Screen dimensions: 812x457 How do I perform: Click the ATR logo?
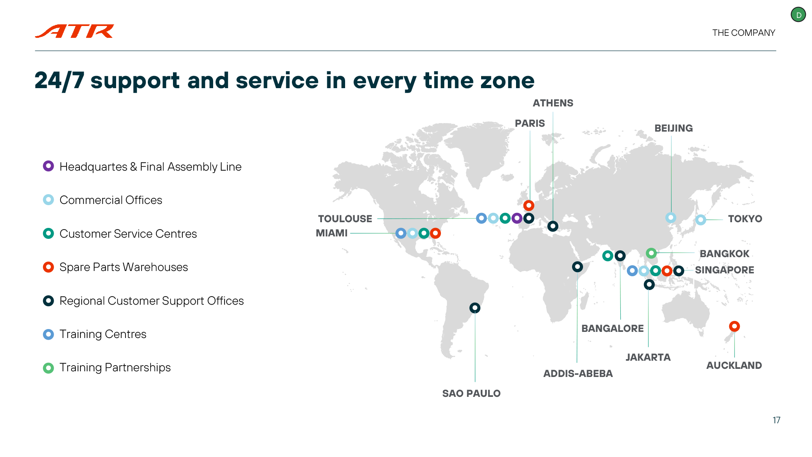click(x=75, y=31)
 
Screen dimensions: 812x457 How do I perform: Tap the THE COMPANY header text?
click(x=743, y=33)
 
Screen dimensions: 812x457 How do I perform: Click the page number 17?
click(x=776, y=420)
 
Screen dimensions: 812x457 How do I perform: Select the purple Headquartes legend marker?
click(x=48, y=166)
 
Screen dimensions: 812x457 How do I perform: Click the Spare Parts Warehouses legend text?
click(x=123, y=267)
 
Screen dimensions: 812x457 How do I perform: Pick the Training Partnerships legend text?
click(x=115, y=367)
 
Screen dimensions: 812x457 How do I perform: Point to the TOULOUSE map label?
click(x=345, y=219)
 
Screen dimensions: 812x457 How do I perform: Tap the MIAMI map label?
click(x=332, y=233)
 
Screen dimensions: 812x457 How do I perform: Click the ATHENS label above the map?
click(x=553, y=103)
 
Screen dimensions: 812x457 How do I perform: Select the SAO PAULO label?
click(x=471, y=393)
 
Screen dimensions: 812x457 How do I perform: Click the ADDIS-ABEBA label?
click(x=578, y=373)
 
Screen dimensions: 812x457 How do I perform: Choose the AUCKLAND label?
click(x=734, y=365)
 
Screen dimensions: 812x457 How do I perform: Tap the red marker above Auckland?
click(x=734, y=326)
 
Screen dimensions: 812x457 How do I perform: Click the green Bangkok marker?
click(x=651, y=253)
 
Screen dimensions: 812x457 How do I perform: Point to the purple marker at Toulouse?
click(x=517, y=218)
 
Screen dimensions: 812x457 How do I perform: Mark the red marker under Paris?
click(x=529, y=205)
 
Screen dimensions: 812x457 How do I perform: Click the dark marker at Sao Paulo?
click(x=475, y=308)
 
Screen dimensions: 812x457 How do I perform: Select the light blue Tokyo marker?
click(x=701, y=220)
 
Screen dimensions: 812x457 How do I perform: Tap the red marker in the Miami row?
click(x=435, y=233)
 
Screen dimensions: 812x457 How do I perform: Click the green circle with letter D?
click(x=798, y=15)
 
